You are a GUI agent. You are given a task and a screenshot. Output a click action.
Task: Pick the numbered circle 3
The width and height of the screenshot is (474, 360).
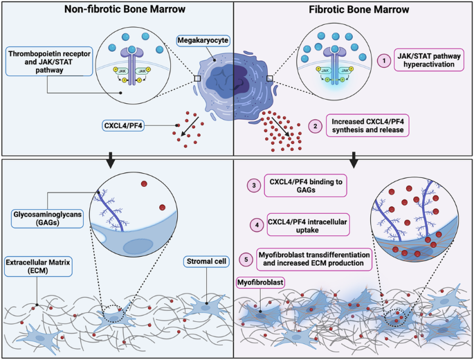255,186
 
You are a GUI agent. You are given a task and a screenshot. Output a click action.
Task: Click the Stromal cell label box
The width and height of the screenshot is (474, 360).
205,262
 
